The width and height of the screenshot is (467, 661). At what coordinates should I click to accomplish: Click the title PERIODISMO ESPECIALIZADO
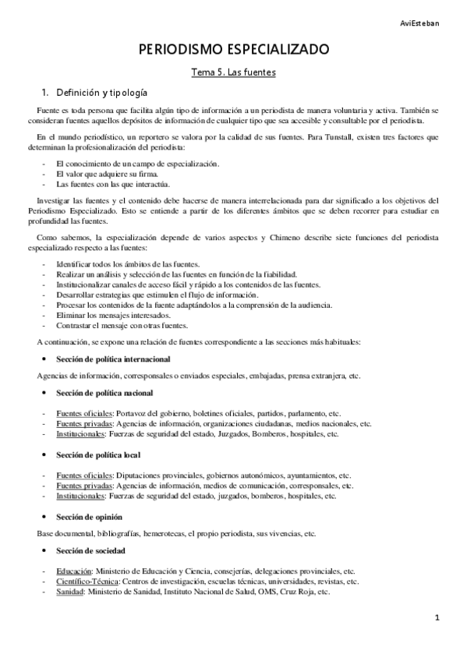coord(234,50)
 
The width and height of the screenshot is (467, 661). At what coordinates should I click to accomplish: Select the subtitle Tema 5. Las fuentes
coord(234,72)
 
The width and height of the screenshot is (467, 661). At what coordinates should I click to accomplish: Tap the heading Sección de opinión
coord(89,517)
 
